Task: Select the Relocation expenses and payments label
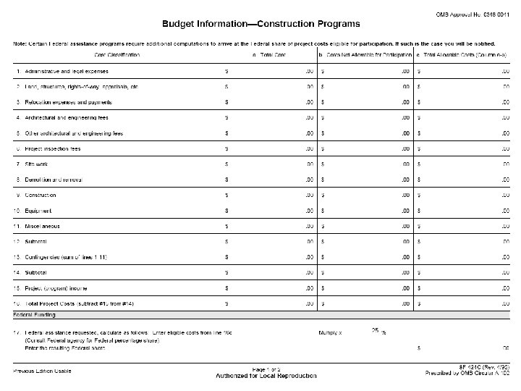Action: click(x=68, y=102)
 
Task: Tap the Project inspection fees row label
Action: click(x=53, y=148)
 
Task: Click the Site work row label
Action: click(x=36, y=164)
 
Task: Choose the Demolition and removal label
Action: click(x=54, y=180)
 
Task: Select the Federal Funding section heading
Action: click(x=36, y=315)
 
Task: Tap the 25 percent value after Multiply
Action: click(x=376, y=330)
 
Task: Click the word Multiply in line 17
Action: click(x=330, y=332)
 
